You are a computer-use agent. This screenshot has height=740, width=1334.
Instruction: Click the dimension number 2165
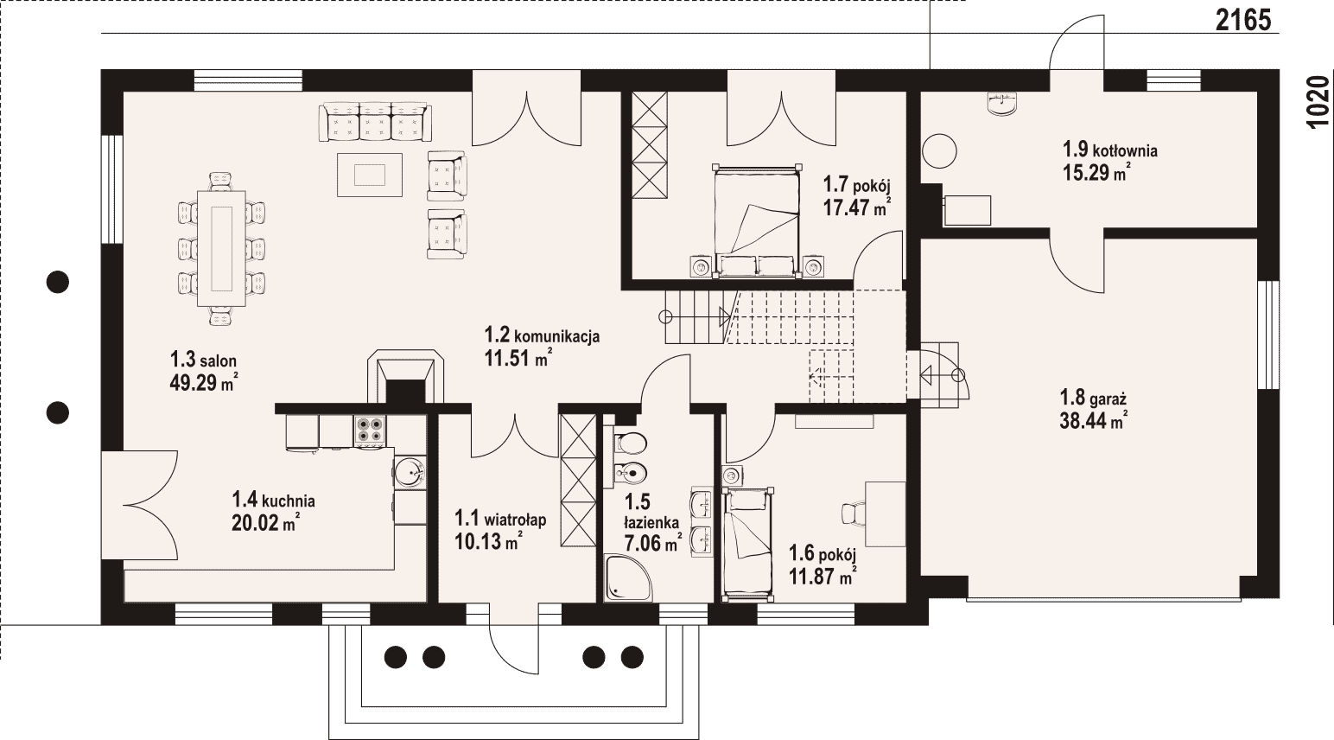tap(1243, 21)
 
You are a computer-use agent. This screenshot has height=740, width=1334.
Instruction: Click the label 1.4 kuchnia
tap(273, 499)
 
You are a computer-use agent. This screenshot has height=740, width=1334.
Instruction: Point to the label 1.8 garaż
tap(1093, 398)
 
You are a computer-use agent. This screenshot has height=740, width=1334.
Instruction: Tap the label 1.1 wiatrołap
tap(500, 519)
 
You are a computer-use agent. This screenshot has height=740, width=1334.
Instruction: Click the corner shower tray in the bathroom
tap(628, 577)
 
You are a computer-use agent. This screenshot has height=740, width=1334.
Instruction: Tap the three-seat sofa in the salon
tap(375, 122)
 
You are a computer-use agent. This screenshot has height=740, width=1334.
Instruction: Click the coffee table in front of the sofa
tap(370, 175)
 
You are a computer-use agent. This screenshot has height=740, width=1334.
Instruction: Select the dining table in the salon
tap(221, 247)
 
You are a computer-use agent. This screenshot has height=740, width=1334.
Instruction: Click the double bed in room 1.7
tap(757, 221)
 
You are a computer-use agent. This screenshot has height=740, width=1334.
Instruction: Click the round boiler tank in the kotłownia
tap(940, 151)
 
